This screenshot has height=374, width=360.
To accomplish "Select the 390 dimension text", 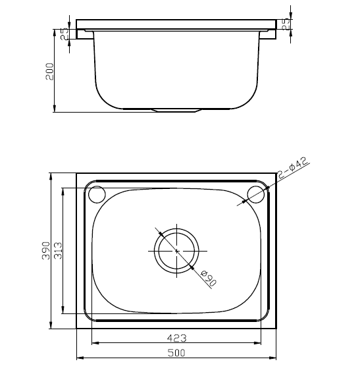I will tap(46, 250).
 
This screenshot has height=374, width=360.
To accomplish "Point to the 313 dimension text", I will tap(57, 250).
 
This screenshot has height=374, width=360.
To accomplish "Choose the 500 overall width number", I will tap(176, 353).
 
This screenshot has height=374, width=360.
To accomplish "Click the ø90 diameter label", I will tap(207, 278).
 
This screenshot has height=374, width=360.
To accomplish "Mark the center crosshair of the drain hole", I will tap(177, 251).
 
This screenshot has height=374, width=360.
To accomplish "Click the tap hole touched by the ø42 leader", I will tap(255, 194).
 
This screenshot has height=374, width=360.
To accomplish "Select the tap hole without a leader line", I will tap(97, 195).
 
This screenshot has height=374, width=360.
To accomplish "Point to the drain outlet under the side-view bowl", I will tap(176, 110).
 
